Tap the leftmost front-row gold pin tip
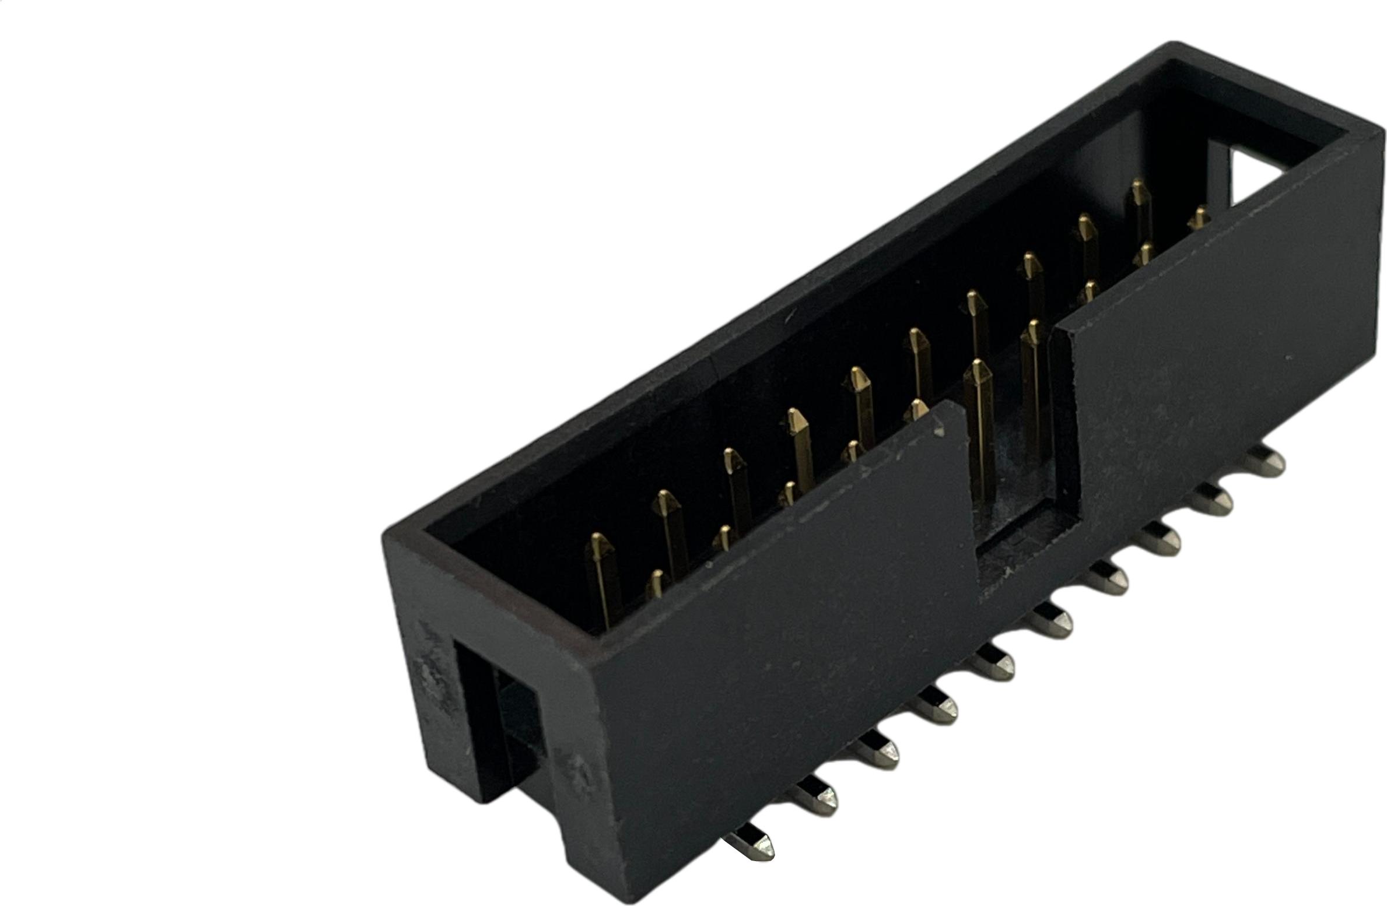[x=656, y=582]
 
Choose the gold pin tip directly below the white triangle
[x=1199, y=219]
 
